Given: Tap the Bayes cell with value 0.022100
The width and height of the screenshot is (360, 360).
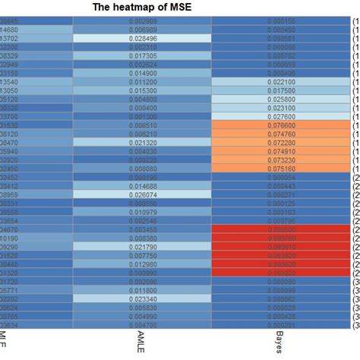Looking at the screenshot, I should point(282,81).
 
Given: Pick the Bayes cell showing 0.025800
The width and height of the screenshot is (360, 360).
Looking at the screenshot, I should point(282,99).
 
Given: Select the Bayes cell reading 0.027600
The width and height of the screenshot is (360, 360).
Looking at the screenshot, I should point(282,116).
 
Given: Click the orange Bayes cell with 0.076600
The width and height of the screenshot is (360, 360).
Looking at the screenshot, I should point(282,125).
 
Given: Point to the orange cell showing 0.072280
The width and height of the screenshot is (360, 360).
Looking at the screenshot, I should point(282,142).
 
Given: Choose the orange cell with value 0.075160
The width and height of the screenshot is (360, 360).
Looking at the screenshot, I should point(282,168).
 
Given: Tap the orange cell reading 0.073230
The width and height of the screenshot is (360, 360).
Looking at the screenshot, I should point(282,159).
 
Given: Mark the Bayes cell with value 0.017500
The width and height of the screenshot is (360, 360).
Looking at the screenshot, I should point(282,90).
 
